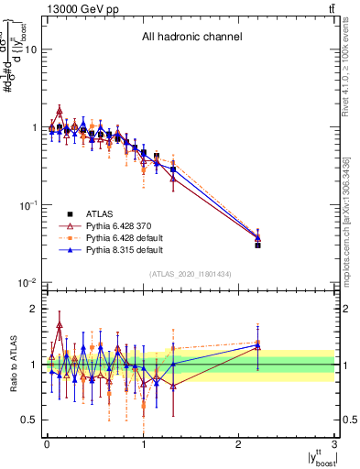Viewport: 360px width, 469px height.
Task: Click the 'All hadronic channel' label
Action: click(x=191, y=38)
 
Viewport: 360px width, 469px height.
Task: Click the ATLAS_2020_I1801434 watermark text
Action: click(x=191, y=274)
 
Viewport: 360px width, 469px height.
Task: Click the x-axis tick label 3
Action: click(x=335, y=445)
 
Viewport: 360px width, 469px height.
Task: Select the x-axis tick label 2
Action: click(x=239, y=445)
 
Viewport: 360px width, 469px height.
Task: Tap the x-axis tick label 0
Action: click(x=47, y=445)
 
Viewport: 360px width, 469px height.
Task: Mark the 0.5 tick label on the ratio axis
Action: click(x=29, y=420)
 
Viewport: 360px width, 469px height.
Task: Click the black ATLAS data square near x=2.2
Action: click(x=258, y=245)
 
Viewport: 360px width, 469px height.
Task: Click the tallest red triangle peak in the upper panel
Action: click(x=60, y=111)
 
